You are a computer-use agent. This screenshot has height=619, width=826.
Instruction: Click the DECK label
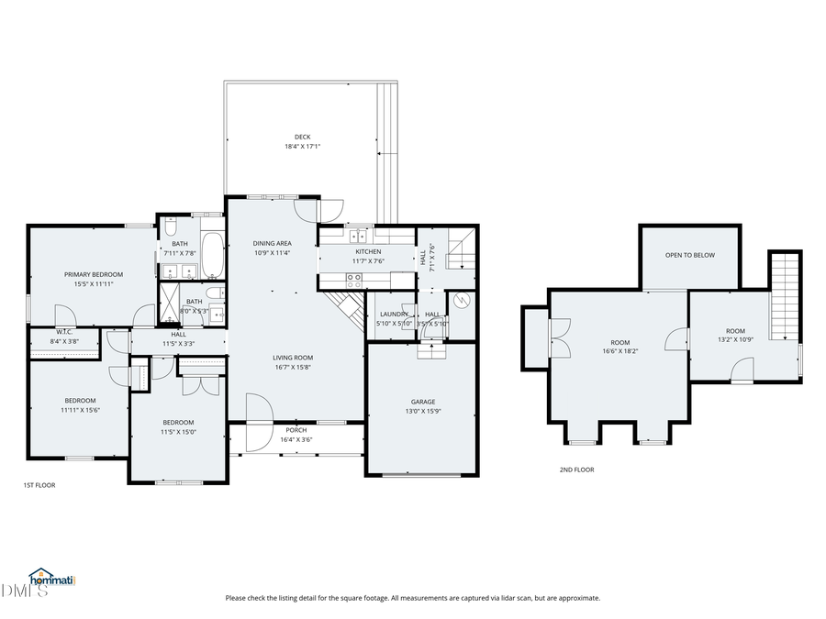pos(302,137)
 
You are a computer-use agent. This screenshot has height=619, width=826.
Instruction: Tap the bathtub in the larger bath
pos(212,255)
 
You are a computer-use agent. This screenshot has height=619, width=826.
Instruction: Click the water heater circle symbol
pos(463,300)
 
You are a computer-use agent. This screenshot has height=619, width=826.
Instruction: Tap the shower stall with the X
pos(172,300)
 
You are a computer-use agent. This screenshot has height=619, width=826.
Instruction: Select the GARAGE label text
pos(422,402)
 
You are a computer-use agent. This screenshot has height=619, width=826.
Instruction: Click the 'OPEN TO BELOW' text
pos(689,255)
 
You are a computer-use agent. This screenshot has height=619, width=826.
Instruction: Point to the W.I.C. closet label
pos(64,332)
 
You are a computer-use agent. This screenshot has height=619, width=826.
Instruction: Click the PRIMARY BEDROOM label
pos(93,274)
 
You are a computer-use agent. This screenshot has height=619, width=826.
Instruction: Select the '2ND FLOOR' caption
pos(576,470)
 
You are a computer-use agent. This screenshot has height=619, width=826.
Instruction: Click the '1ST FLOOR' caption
pos(39,485)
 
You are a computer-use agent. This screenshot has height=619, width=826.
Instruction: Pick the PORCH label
pos(296,430)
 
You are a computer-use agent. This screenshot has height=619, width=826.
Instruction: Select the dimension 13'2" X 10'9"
pos(735,340)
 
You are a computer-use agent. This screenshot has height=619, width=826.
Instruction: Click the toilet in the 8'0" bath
pos(212,293)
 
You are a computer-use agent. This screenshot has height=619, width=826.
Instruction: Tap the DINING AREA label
pos(272,243)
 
